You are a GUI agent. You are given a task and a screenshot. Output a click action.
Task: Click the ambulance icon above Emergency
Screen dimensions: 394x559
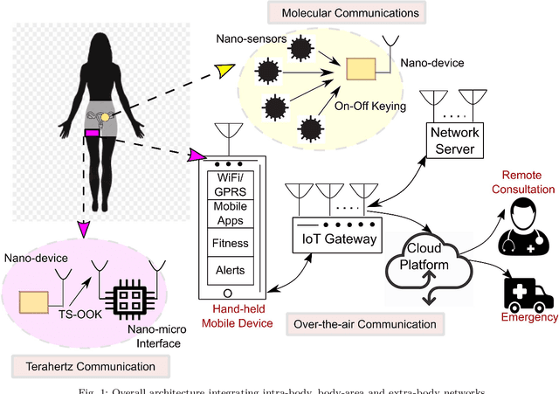[530, 290]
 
